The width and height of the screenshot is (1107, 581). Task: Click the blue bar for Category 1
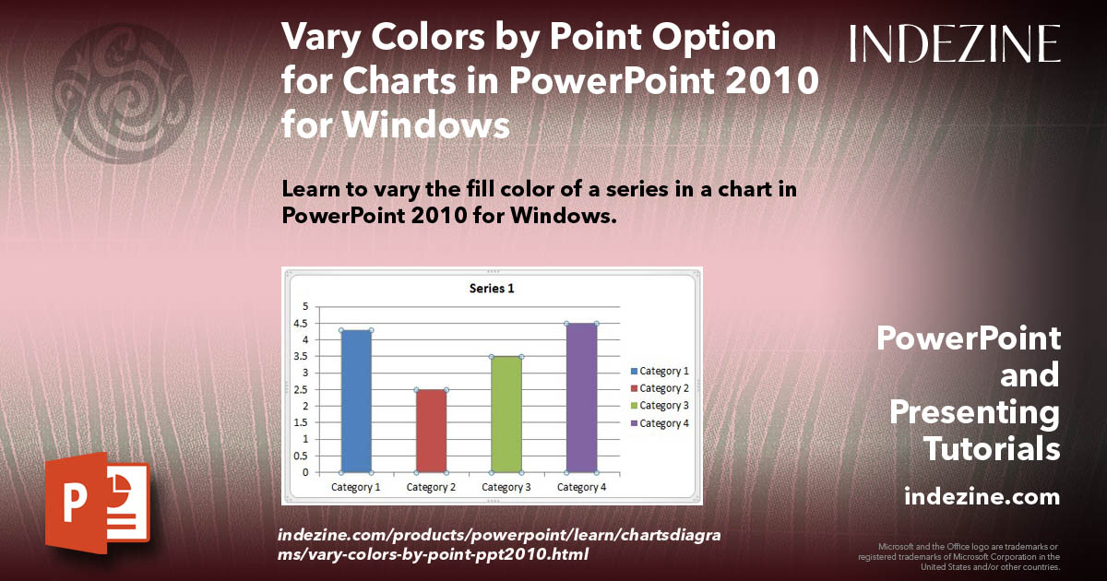pyautogui.click(x=356, y=401)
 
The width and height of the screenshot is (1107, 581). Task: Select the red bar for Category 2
pyautogui.click(x=431, y=431)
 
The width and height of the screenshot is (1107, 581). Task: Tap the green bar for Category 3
pyautogui.click(x=506, y=414)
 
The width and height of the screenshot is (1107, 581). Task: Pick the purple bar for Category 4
pyautogui.click(x=581, y=397)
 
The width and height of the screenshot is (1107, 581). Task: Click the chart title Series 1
pyautogui.click(x=492, y=289)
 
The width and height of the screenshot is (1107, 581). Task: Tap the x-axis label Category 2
pyautogui.click(x=431, y=487)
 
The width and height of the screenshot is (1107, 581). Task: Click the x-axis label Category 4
pyautogui.click(x=581, y=487)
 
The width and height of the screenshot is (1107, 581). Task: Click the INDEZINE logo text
pyautogui.click(x=955, y=43)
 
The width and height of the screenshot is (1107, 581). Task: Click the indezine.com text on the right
pyautogui.click(x=982, y=497)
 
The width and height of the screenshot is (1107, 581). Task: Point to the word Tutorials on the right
pyautogui.click(x=992, y=449)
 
